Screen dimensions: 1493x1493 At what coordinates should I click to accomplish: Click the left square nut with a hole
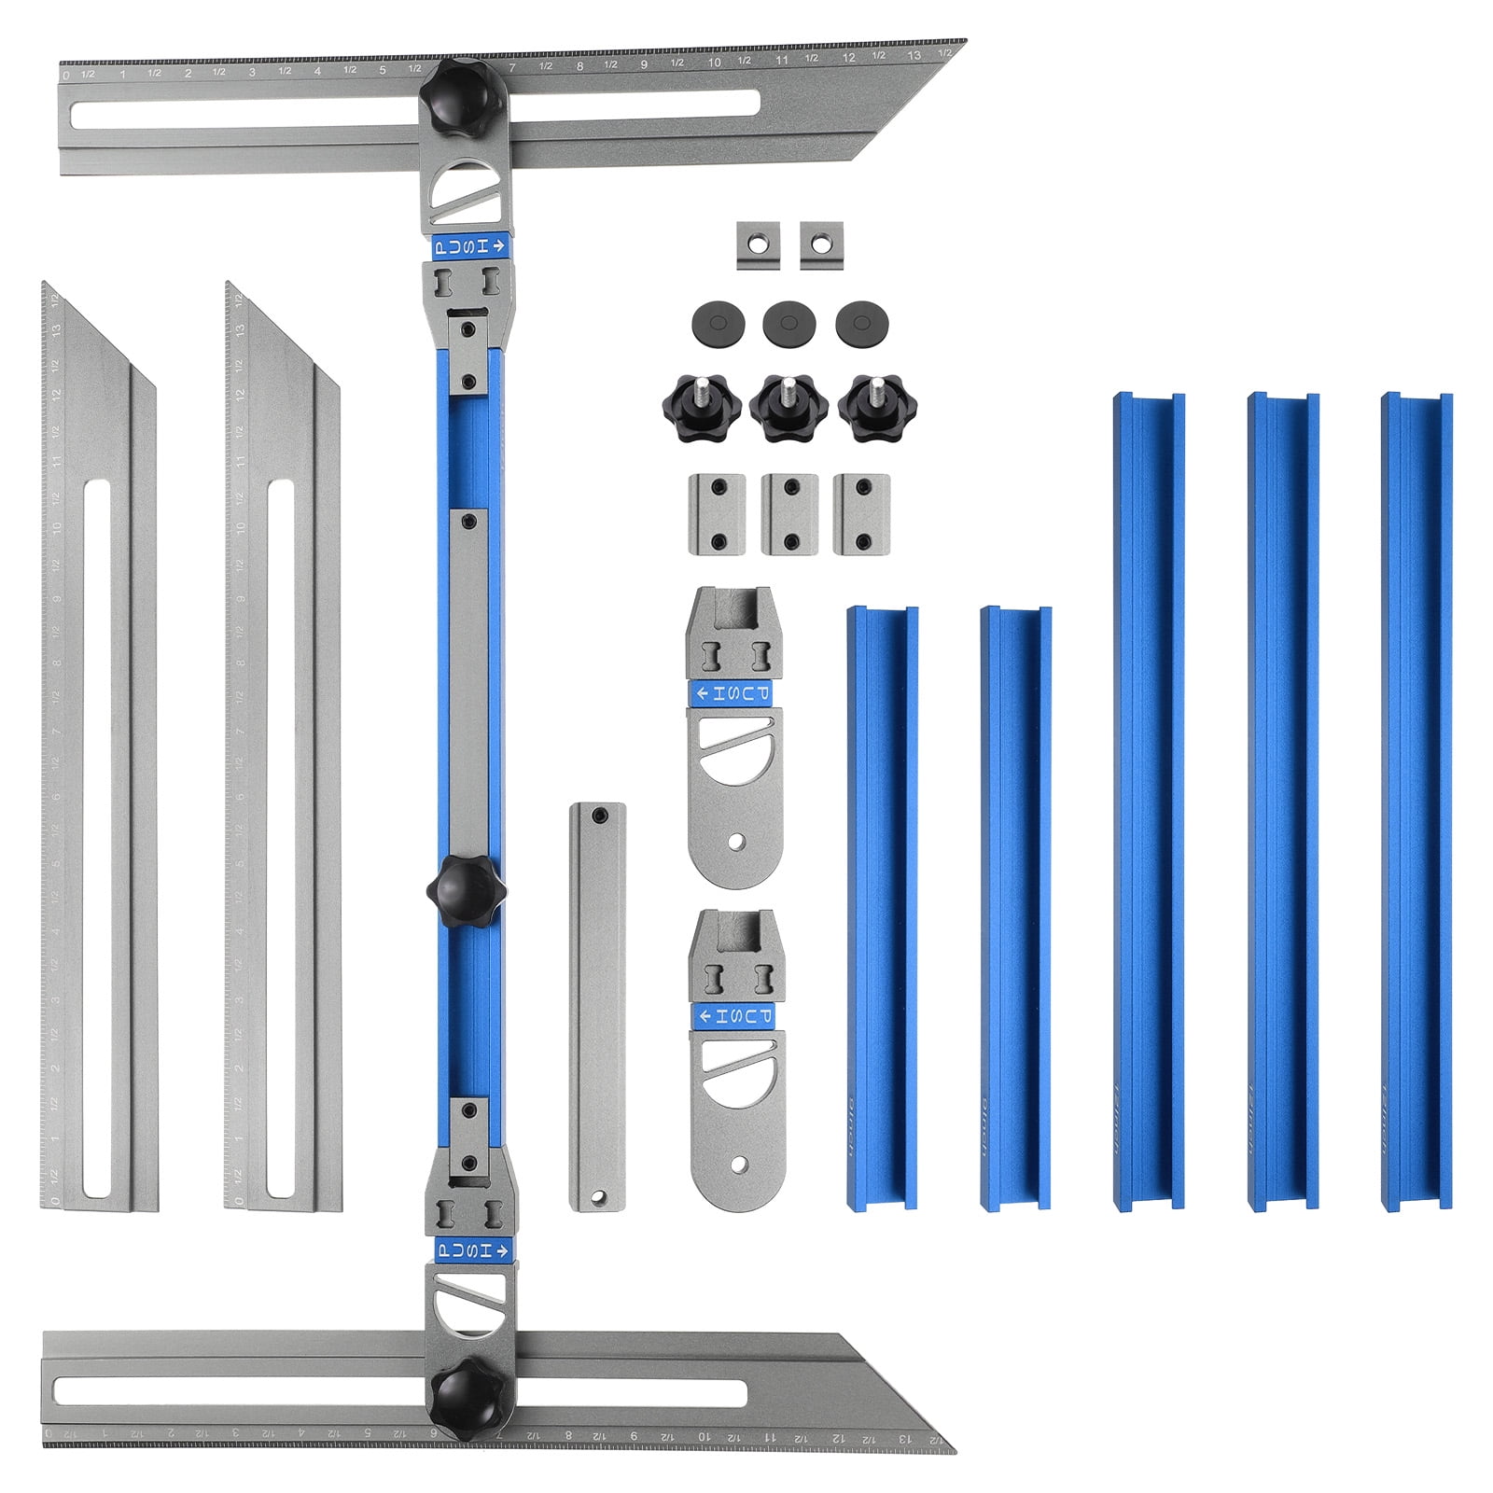[x=758, y=244]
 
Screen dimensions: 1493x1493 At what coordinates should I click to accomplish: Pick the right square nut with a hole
[x=821, y=244]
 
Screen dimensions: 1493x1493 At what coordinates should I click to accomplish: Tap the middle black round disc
[x=788, y=324]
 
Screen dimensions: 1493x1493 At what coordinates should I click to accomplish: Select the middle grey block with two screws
[x=789, y=514]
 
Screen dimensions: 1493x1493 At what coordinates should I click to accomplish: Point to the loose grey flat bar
[x=597, y=1008]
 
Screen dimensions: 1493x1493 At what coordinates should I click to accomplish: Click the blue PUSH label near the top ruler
[x=471, y=247]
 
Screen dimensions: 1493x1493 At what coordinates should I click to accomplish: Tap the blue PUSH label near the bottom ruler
[x=471, y=1250]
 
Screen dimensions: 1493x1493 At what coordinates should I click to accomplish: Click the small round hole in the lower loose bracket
[x=739, y=1164]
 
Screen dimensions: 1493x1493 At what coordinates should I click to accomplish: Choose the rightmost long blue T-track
[x=1416, y=802]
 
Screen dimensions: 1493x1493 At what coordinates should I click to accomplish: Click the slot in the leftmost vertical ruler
[x=96, y=840]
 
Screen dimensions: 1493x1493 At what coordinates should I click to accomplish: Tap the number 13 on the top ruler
[x=914, y=56]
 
